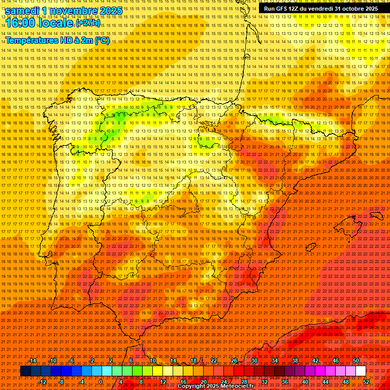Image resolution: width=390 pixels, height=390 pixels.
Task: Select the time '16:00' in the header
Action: click(x=23, y=23)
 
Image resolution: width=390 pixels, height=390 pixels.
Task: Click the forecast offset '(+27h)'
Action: click(x=88, y=23)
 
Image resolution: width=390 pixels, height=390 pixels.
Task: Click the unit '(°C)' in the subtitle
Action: click(x=102, y=40)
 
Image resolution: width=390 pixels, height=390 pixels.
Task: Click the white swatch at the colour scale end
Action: click(x=361, y=371)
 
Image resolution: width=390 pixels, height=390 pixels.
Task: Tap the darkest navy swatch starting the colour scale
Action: click(x=25, y=371)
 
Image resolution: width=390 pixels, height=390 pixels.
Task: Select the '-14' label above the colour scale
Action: click(x=32, y=361)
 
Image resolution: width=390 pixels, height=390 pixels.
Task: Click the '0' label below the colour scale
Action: click(x=101, y=382)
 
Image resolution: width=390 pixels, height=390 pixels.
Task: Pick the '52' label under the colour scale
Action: click(x=367, y=382)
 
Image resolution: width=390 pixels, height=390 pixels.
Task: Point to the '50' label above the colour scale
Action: click(x=355, y=361)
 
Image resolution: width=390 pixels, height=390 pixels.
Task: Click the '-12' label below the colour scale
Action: click(x=42, y=382)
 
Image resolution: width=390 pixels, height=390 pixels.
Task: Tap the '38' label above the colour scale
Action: click(x=295, y=361)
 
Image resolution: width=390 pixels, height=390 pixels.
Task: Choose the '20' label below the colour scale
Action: click(x=203, y=382)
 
